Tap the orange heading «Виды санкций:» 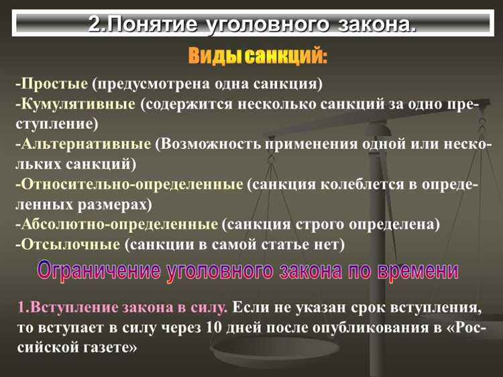258,56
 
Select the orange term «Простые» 54,84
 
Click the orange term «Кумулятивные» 78,104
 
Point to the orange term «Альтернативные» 85,144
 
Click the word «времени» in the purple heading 416,272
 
